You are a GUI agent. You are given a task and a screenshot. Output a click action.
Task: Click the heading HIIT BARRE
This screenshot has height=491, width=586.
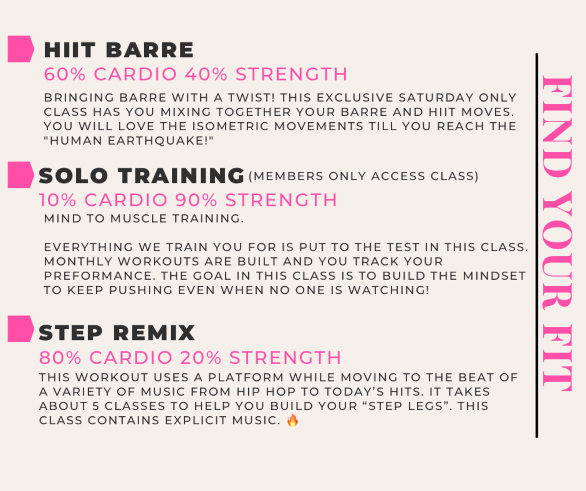(119, 50)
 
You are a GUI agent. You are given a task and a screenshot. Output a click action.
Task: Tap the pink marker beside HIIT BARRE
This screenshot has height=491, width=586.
(21, 49)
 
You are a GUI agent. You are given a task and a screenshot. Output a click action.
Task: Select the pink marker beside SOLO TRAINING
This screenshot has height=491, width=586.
(21, 175)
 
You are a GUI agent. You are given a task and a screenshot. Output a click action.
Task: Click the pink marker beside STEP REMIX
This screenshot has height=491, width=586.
(21, 329)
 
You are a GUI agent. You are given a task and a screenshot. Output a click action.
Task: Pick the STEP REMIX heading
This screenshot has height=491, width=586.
(117, 333)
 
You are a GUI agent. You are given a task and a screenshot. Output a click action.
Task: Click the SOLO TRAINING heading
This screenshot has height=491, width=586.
(141, 176)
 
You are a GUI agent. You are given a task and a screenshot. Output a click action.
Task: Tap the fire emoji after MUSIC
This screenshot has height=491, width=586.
(293, 420)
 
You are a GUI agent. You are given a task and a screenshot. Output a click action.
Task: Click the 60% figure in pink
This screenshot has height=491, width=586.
(65, 74)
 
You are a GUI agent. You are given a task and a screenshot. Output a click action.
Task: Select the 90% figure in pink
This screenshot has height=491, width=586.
(196, 200)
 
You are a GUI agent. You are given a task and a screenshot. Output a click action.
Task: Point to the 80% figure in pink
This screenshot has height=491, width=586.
(60, 358)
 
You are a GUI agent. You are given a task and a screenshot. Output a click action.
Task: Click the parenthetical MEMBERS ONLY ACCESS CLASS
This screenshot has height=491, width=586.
(364, 176)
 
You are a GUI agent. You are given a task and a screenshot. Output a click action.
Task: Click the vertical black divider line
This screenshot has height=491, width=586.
(537, 245)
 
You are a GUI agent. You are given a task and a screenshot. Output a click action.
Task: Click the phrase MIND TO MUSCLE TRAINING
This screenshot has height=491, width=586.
(144, 219)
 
